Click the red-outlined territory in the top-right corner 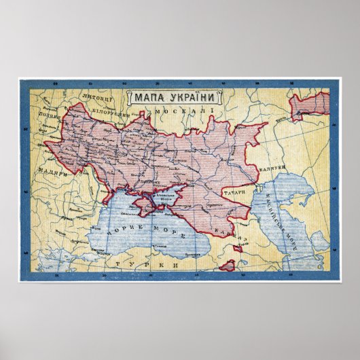pos(313,106)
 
